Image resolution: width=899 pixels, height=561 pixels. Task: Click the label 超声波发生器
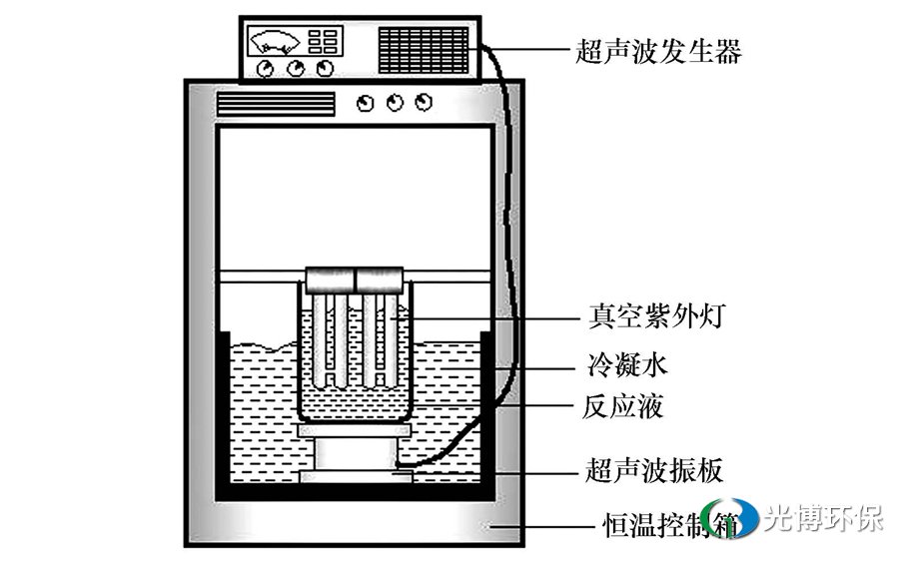coord(659,50)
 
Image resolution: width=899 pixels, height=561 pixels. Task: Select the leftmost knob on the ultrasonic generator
coord(266,69)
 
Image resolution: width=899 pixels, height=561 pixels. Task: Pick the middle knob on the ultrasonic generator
coord(295,69)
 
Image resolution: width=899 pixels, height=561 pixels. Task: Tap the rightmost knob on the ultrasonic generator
coord(324,69)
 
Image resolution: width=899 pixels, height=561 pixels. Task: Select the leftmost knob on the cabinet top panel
coord(367,103)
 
